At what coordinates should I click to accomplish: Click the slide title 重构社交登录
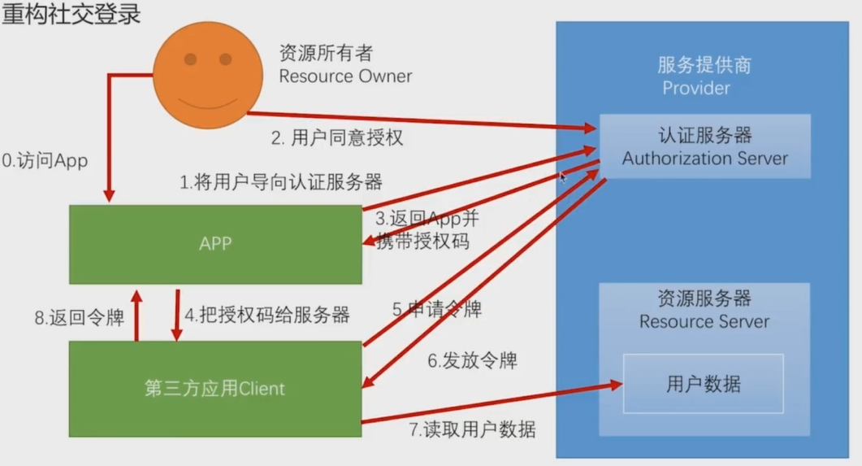pos(71,15)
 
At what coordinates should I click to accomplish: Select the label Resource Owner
pos(345,76)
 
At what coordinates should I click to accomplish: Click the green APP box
pos(215,244)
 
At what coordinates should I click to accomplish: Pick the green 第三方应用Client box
pos(215,389)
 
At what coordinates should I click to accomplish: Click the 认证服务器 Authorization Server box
pos(704,146)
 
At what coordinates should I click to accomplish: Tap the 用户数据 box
pos(703,383)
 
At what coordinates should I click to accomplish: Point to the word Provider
pos(696,88)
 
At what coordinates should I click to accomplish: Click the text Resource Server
pos(704,321)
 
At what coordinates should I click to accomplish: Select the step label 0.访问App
pos(45,161)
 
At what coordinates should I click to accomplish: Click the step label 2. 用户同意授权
pos(336,137)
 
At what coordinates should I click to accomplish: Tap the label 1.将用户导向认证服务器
pos(280,181)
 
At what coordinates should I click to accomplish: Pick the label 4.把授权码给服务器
pos(267,315)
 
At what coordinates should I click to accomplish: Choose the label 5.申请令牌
pos(436,309)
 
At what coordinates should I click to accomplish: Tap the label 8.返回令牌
pos(80,318)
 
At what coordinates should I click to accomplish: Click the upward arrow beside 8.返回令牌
pos(136,313)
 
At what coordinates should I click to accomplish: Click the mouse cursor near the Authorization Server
pos(563,176)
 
